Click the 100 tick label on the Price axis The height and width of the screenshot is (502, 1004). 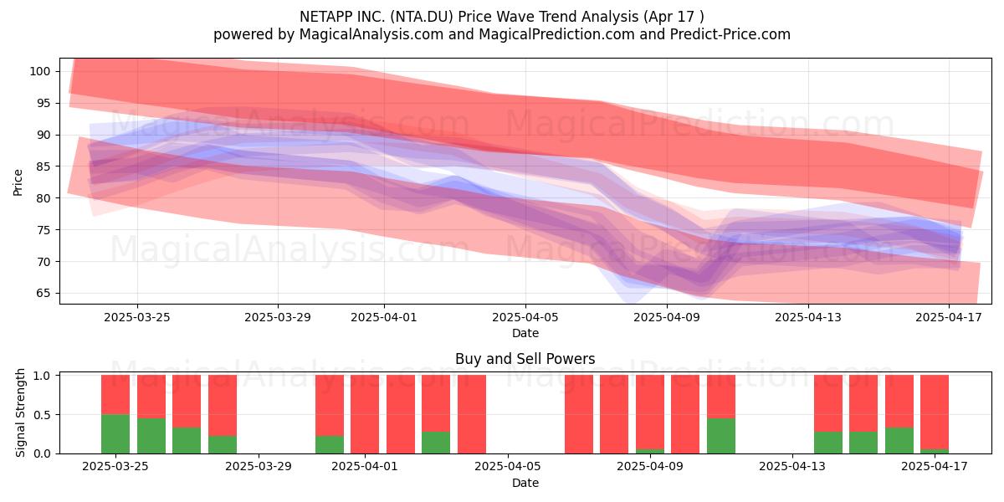39,71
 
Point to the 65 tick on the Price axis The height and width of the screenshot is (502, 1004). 43,294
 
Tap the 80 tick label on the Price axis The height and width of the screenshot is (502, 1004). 43,198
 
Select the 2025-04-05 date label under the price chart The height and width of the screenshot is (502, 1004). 525,317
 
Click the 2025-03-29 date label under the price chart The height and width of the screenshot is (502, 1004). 278,317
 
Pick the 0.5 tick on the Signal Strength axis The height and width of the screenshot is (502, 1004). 42,415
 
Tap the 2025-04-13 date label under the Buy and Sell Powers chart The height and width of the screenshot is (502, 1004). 792,467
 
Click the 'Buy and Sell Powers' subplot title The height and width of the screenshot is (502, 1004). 525,359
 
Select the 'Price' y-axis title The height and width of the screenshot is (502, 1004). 18,183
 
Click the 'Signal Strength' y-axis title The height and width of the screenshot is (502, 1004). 20,412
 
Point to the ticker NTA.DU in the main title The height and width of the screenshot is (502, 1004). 421,17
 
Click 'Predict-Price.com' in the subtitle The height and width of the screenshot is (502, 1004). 730,34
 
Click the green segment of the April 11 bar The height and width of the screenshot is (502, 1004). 721,436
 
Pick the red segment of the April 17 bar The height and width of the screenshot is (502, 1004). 935,412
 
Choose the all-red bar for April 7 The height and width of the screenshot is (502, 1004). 579,414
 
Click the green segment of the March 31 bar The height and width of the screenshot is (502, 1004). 330,444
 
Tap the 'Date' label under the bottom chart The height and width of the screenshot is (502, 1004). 525,484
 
